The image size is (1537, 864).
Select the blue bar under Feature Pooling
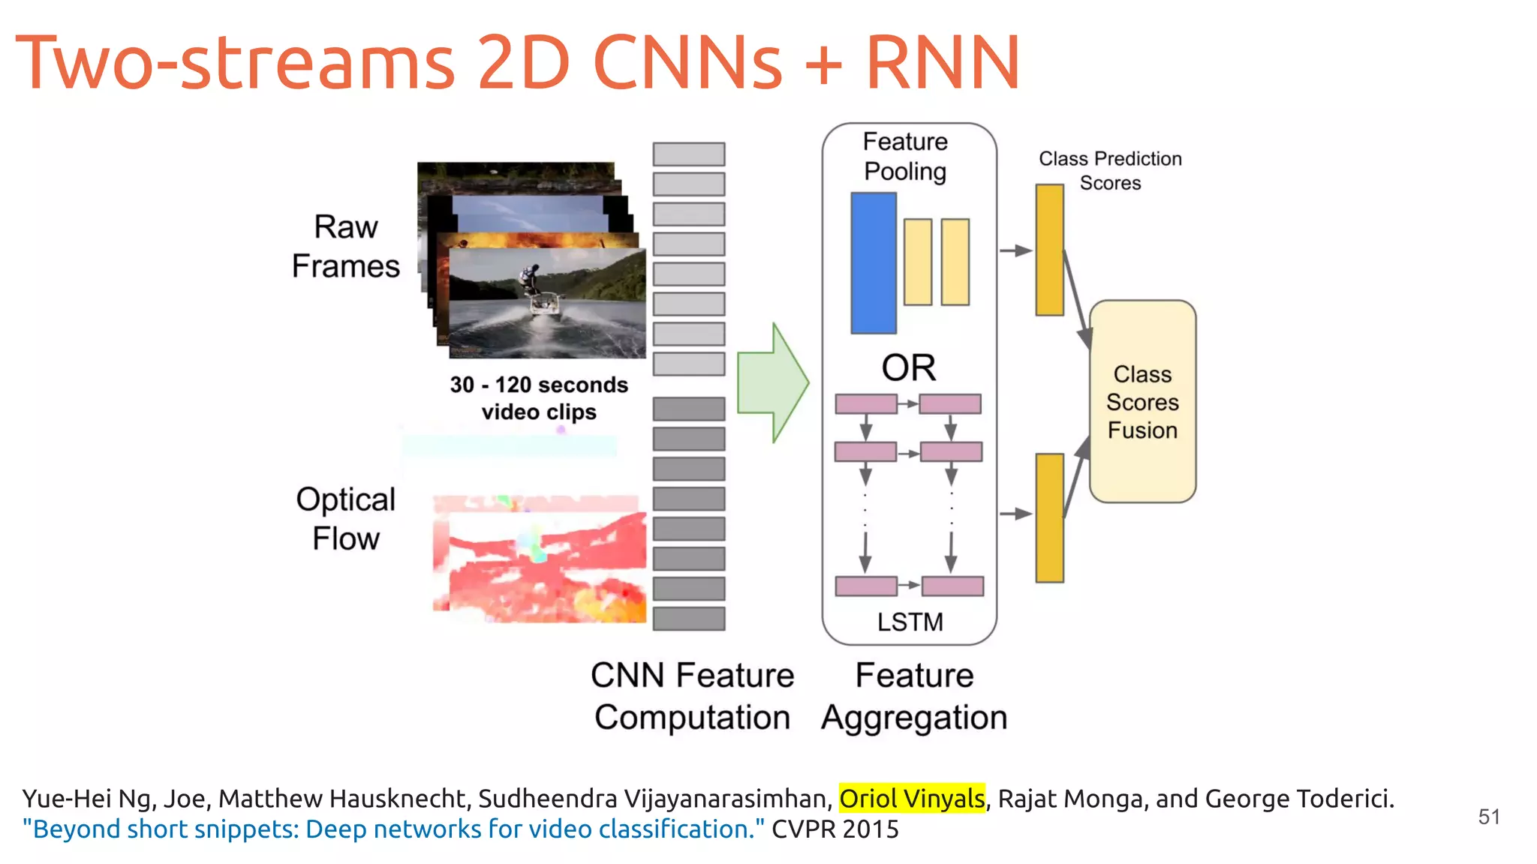[x=873, y=262]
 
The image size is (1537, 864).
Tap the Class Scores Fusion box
[x=1142, y=402]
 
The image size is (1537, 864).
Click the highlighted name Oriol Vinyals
[x=911, y=799]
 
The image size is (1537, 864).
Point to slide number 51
[x=1489, y=817]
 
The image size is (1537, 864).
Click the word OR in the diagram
[x=908, y=368]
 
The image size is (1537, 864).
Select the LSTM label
[x=910, y=622]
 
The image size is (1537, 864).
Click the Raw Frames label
[x=345, y=246]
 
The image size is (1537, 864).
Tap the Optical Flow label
[x=345, y=518]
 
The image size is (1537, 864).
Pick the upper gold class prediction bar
[x=1049, y=250]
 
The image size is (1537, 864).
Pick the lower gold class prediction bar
[x=1049, y=517]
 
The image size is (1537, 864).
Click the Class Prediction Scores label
[x=1110, y=171]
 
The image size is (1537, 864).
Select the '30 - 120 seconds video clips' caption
[x=539, y=398]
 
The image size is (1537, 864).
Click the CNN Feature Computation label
[x=692, y=696]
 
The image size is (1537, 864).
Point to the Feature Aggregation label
[x=914, y=696]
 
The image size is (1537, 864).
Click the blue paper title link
[x=393, y=829]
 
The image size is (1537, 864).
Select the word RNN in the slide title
[x=943, y=63]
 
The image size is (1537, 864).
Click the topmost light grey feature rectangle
[x=688, y=154]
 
